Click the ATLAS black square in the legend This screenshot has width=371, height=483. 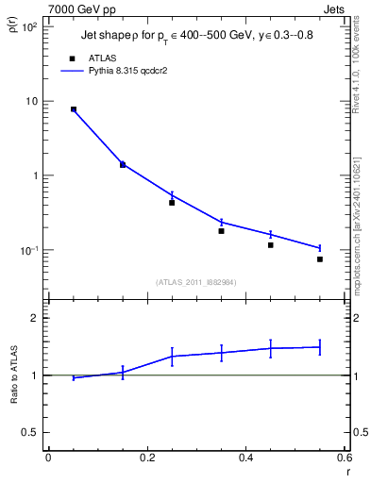(x=73, y=58)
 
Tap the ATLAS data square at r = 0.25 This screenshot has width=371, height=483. (x=172, y=202)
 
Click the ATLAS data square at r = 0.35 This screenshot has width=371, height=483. (x=221, y=230)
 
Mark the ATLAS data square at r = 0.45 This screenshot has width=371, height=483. (x=270, y=245)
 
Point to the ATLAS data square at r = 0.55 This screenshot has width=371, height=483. (x=320, y=258)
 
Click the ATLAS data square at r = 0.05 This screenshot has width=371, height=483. (x=73, y=109)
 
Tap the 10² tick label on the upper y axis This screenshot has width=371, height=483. (x=28, y=26)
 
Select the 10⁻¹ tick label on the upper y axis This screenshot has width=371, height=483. (x=28, y=250)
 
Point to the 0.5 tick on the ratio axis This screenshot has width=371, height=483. (x=29, y=432)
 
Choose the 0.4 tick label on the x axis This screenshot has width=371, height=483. (x=245, y=458)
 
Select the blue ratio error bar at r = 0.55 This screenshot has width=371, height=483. (x=320, y=347)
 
